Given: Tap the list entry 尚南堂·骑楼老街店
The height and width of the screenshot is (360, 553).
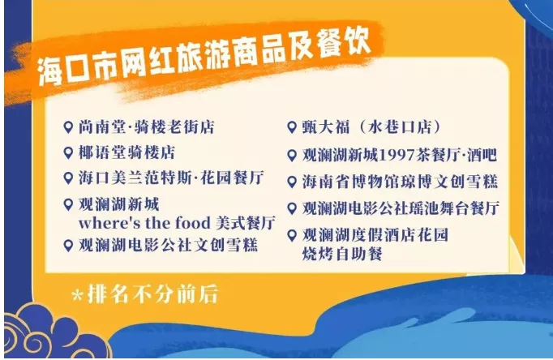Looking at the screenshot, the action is point(147,127).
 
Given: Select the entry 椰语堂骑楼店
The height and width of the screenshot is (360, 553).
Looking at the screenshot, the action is point(126,152).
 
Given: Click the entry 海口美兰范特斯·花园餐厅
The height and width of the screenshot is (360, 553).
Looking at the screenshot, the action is point(171,178).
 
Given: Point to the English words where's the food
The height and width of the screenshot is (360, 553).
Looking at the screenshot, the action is point(144,223).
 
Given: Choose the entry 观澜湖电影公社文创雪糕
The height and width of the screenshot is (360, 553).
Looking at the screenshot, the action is point(168,245).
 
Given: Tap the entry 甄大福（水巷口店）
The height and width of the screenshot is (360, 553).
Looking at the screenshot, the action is point(371,127).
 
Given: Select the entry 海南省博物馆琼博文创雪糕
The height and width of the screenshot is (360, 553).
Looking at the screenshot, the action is point(400,182).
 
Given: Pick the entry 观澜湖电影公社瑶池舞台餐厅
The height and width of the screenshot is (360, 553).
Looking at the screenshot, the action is point(401,208).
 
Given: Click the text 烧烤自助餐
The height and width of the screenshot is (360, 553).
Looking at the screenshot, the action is point(342,254).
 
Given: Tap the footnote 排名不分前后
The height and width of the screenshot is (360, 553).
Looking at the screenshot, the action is point(152,294).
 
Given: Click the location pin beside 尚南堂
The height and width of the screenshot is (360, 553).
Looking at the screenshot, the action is point(68,127).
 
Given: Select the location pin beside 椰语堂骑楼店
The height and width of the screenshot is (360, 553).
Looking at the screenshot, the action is point(68,152).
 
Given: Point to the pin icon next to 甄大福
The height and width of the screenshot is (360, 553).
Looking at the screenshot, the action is point(292,127).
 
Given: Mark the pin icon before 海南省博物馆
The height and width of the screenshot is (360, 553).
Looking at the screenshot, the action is point(292,182).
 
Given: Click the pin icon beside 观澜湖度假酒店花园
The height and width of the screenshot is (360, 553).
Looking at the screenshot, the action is point(292,235).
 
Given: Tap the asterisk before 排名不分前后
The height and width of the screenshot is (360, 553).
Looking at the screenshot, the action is point(77,295).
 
